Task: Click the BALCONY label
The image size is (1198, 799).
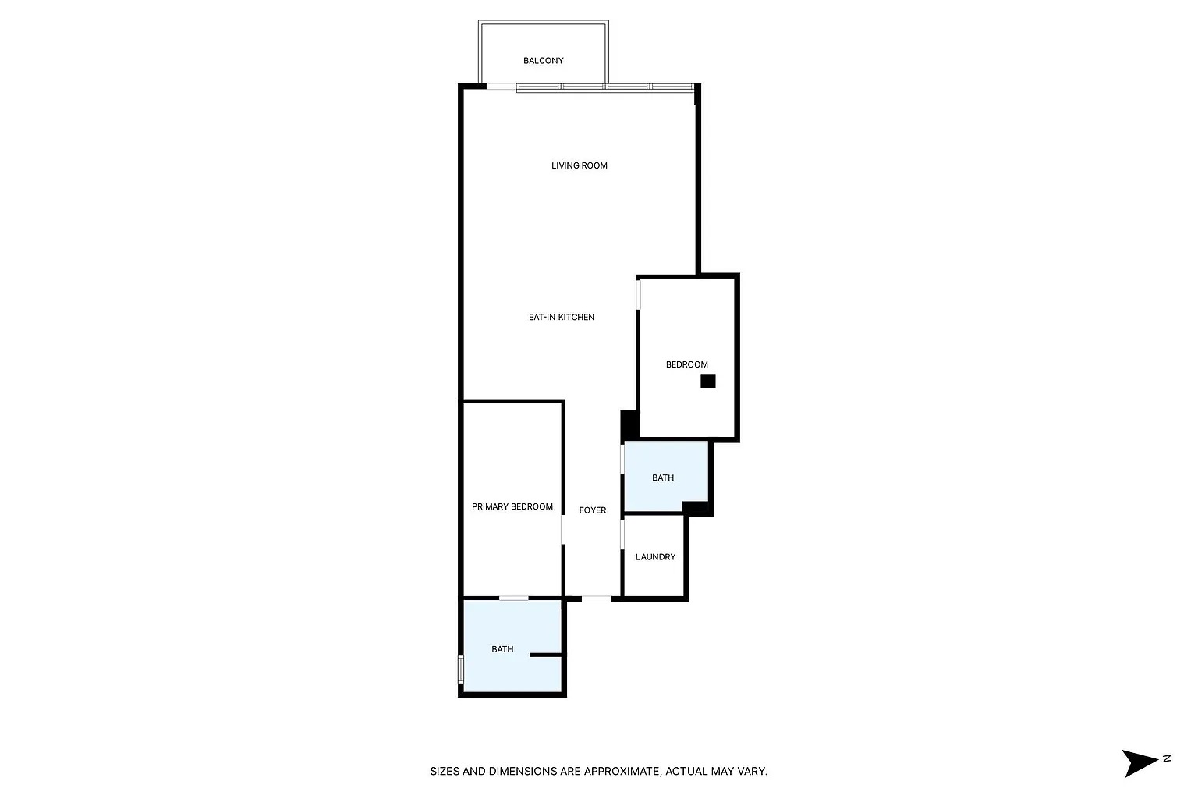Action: (543, 61)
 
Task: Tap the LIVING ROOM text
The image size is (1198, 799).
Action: (580, 165)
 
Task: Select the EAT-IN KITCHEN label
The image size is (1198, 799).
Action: (562, 317)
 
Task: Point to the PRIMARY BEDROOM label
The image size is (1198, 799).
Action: (512, 506)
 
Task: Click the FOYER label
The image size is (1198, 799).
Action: (593, 510)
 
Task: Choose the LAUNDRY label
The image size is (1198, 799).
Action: (655, 556)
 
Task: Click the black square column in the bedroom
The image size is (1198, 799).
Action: (707, 381)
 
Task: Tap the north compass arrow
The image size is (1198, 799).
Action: (1140, 762)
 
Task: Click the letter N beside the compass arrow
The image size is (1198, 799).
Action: (1167, 758)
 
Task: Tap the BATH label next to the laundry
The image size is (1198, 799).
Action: (663, 478)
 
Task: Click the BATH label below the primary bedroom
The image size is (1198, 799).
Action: (502, 649)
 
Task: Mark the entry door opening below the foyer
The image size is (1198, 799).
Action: (597, 598)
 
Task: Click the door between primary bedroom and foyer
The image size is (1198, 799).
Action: (563, 529)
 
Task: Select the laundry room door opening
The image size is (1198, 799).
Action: (622, 534)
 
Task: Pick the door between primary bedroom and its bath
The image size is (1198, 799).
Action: (513, 598)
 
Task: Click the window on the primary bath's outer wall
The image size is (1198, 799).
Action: (460, 669)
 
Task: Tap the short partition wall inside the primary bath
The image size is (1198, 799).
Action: (546, 655)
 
